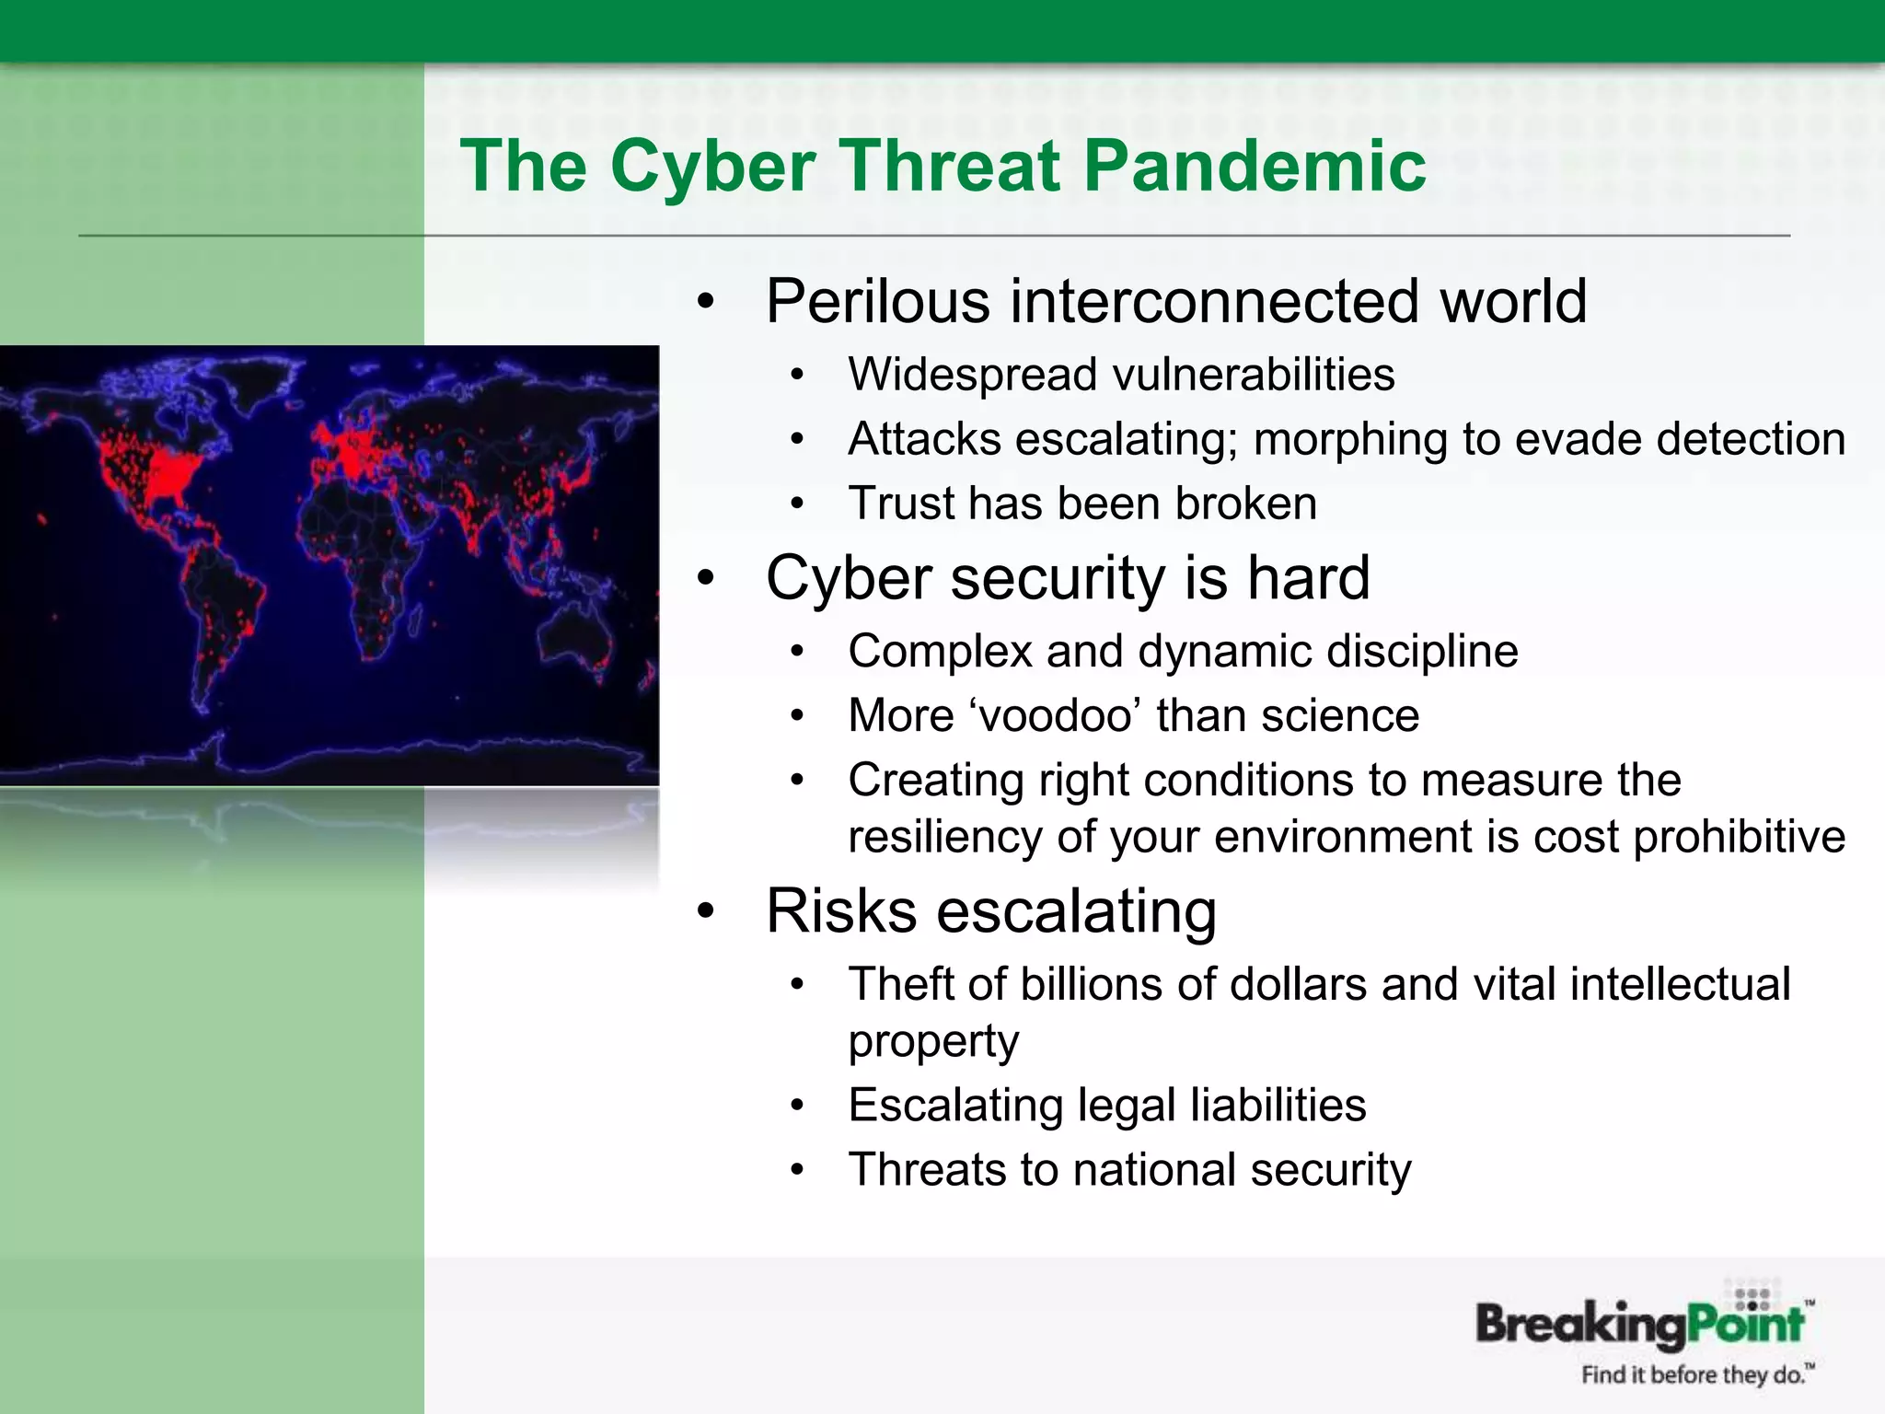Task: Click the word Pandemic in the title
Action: point(1254,167)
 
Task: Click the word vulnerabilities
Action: point(1253,376)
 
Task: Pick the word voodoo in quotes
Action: point(1055,716)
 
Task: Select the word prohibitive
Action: point(1739,838)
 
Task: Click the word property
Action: point(932,1042)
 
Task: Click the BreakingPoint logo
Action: point(1640,1324)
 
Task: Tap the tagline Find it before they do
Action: point(1695,1375)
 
